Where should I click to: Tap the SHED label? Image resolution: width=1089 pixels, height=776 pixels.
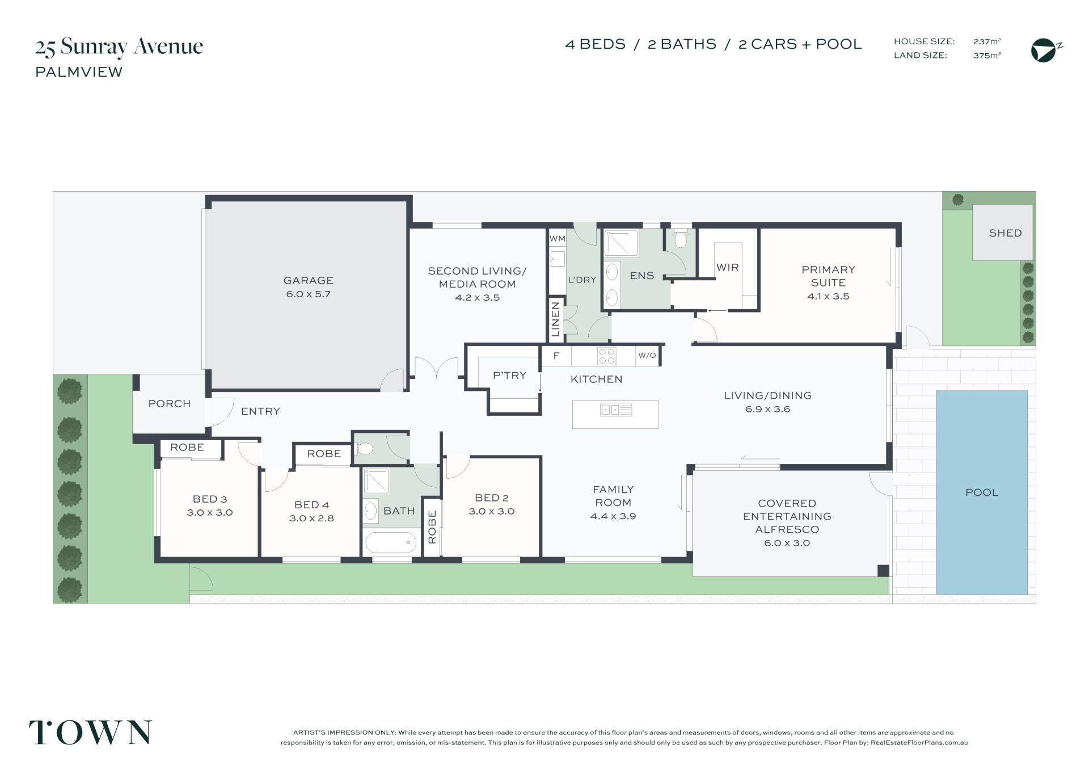coord(1005,233)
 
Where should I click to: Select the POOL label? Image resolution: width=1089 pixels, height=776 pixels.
coord(982,492)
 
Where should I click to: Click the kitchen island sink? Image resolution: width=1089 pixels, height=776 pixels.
coord(615,410)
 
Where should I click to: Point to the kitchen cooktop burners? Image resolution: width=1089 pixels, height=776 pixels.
coord(607,356)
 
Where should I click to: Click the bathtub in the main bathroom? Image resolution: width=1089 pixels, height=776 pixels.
coord(391,543)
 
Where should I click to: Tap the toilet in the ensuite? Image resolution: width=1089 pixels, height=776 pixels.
coord(681,238)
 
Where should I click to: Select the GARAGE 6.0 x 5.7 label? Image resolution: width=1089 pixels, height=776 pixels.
coord(308,287)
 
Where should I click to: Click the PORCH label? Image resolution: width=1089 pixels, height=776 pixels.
coord(169,403)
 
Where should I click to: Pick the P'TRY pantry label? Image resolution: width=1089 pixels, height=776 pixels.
coord(509,375)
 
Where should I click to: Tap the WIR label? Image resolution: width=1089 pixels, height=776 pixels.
coord(727,267)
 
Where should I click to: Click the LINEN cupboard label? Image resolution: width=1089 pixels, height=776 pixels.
coord(556,319)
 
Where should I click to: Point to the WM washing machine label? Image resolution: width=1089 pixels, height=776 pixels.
coord(557,239)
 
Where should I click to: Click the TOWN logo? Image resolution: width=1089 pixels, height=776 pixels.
coord(91,732)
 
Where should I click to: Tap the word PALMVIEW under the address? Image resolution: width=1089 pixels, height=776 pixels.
coord(79,72)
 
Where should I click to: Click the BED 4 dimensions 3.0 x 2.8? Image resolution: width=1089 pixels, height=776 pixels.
coord(311,518)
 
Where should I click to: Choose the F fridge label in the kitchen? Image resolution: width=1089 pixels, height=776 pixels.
coord(556,356)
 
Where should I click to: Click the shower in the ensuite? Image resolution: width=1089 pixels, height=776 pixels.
coord(621,243)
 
